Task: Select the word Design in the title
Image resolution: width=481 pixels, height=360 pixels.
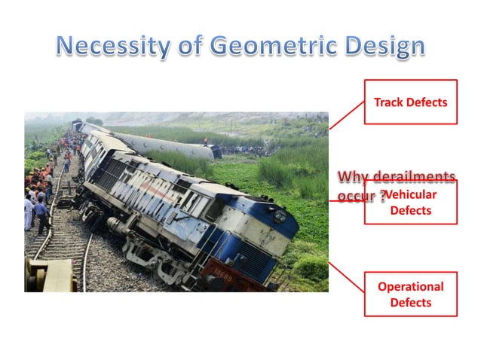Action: [384, 47]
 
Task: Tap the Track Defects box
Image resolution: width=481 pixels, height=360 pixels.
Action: [410, 102]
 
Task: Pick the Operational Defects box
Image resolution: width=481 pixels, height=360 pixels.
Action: [410, 294]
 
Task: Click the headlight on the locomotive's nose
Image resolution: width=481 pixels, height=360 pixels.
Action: [280, 216]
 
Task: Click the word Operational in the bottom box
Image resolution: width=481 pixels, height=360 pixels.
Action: [410, 286]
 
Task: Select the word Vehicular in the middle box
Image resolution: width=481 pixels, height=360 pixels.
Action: [412, 194]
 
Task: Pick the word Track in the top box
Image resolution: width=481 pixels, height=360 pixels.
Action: [389, 102]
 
